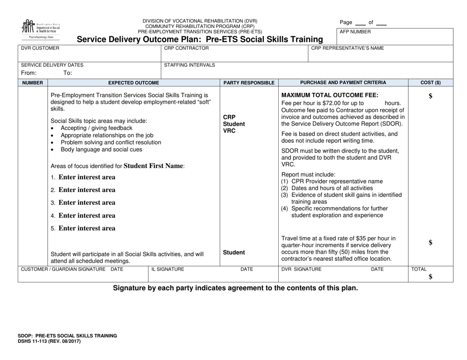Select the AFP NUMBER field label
click(355, 32)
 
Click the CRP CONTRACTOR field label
click(186, 48)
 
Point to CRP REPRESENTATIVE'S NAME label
click(348, 48)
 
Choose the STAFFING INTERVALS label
click(189, 65)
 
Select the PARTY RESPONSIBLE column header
click(249, 83)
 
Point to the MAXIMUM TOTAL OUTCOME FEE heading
click(330, 95)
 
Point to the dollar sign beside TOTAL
click(431, 277)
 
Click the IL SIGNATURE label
click(168, 270)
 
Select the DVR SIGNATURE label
click(301, 270)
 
